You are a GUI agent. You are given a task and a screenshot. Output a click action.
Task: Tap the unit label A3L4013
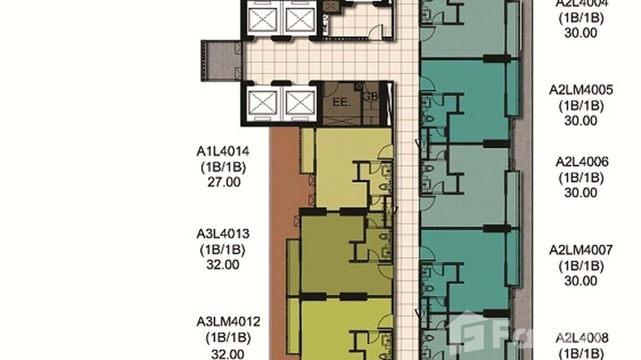point(223,234)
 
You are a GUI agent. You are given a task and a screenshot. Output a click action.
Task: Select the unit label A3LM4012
point(228,322)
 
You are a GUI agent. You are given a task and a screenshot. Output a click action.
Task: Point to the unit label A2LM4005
point(580,90)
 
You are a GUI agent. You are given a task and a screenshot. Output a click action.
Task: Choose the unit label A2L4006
point(582,162)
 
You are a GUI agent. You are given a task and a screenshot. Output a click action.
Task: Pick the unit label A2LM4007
point(580,250)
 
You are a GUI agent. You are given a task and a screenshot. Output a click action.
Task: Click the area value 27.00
point(223,182)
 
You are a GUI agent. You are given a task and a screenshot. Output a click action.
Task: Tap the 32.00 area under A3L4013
point(223,264)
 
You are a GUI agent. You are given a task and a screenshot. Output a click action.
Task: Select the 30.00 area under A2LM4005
point(581,121)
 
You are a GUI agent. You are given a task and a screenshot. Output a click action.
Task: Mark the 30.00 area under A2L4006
point(581,192)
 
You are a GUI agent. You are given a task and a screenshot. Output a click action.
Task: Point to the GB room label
point(370,96)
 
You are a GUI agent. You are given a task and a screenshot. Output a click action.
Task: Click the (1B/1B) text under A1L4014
point(223,167)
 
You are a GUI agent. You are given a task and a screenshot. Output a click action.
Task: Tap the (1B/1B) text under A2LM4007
point(581,265)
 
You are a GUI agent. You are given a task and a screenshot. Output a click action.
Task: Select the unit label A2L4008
point(582,339)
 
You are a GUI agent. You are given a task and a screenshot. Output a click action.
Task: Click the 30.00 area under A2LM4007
point(581,281)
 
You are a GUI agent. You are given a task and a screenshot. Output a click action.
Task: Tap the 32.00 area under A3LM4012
point(228,354)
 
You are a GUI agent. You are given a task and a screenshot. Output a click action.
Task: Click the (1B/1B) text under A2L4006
point(581,178)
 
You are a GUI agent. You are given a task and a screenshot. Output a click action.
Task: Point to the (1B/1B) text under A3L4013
point(223,249)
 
